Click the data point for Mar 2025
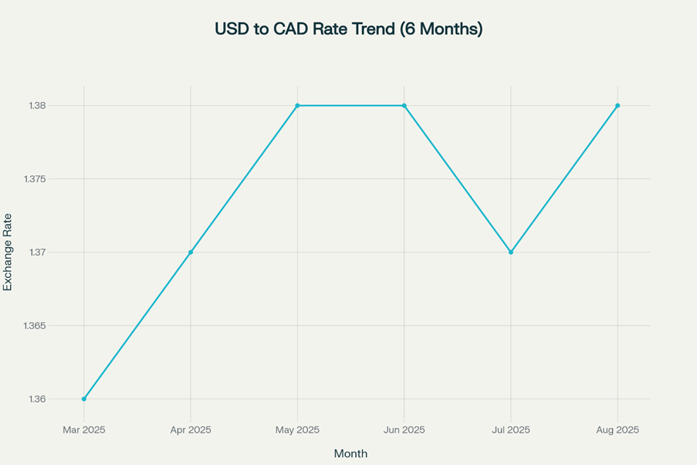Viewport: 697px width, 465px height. click(x=84, y=399)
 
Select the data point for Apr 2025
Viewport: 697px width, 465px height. click(x=191, y=253)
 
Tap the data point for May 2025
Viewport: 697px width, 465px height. click(x=297, y=106)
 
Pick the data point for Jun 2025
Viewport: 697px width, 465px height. click(x=404, y=106)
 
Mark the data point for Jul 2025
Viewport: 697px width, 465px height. click(x=511, y=253)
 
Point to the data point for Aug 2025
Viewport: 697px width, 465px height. click(x=617, y=106)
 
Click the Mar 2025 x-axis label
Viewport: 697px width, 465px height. click(x=84, y=430)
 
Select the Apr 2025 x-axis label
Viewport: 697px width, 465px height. click(x=191, y=430)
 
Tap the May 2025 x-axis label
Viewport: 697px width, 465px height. click(x=297, y=430)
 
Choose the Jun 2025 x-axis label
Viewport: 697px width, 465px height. click(x=404, y=430)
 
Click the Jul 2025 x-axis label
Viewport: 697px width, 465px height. click(x=511, y=430)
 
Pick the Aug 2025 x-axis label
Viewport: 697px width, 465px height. click(x=617, y=430)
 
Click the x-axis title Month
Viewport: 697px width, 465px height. click(x=350, y=453)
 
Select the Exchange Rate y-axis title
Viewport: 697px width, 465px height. click(x=8, y=253)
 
